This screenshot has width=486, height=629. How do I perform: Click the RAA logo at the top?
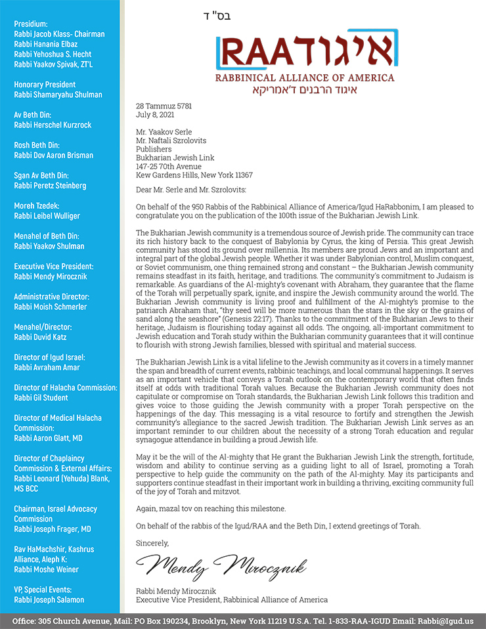pos(304,52)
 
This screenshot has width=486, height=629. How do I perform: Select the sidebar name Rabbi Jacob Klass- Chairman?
pos(59,34)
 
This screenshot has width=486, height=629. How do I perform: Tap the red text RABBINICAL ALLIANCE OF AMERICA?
pos(305,78)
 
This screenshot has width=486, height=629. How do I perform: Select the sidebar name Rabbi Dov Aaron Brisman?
pos(54,156)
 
